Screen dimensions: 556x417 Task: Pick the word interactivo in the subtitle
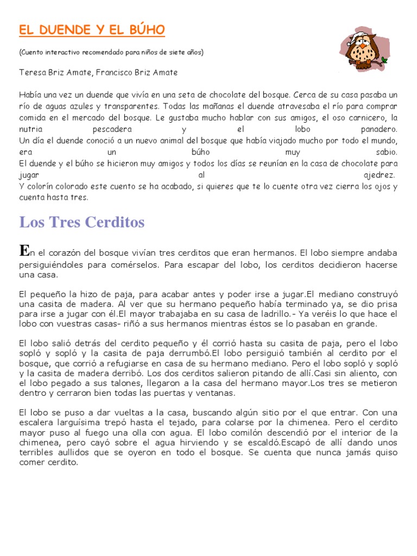[62, 53]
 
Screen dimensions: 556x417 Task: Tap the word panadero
[379, 130]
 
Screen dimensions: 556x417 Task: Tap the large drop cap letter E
[23, 250]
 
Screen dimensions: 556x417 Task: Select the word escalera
[36, 422]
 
